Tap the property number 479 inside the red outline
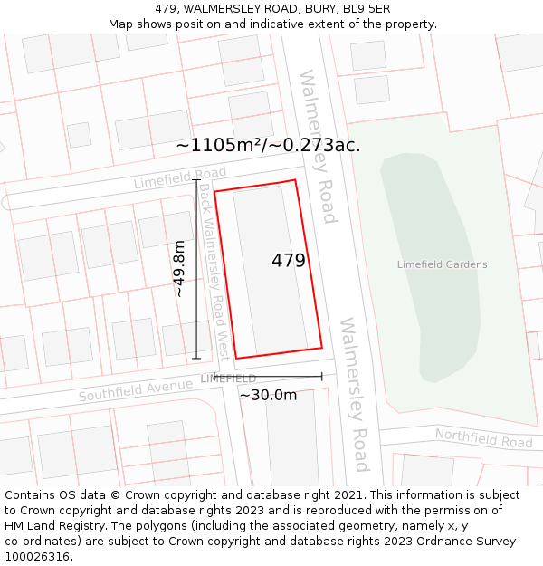(289, 261)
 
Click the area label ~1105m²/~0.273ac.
(268, 145)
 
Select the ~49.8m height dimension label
(179, 268)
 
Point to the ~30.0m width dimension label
(268, 395)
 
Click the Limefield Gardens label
(442, 264)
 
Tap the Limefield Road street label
(179, 177)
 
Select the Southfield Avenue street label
(135, 390)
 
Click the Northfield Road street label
(483, 439)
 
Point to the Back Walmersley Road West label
(214, 272)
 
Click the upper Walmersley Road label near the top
(318, 146)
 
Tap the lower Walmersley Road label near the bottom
(354, 394)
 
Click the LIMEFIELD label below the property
(228, 378)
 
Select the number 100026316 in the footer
(38, 556)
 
